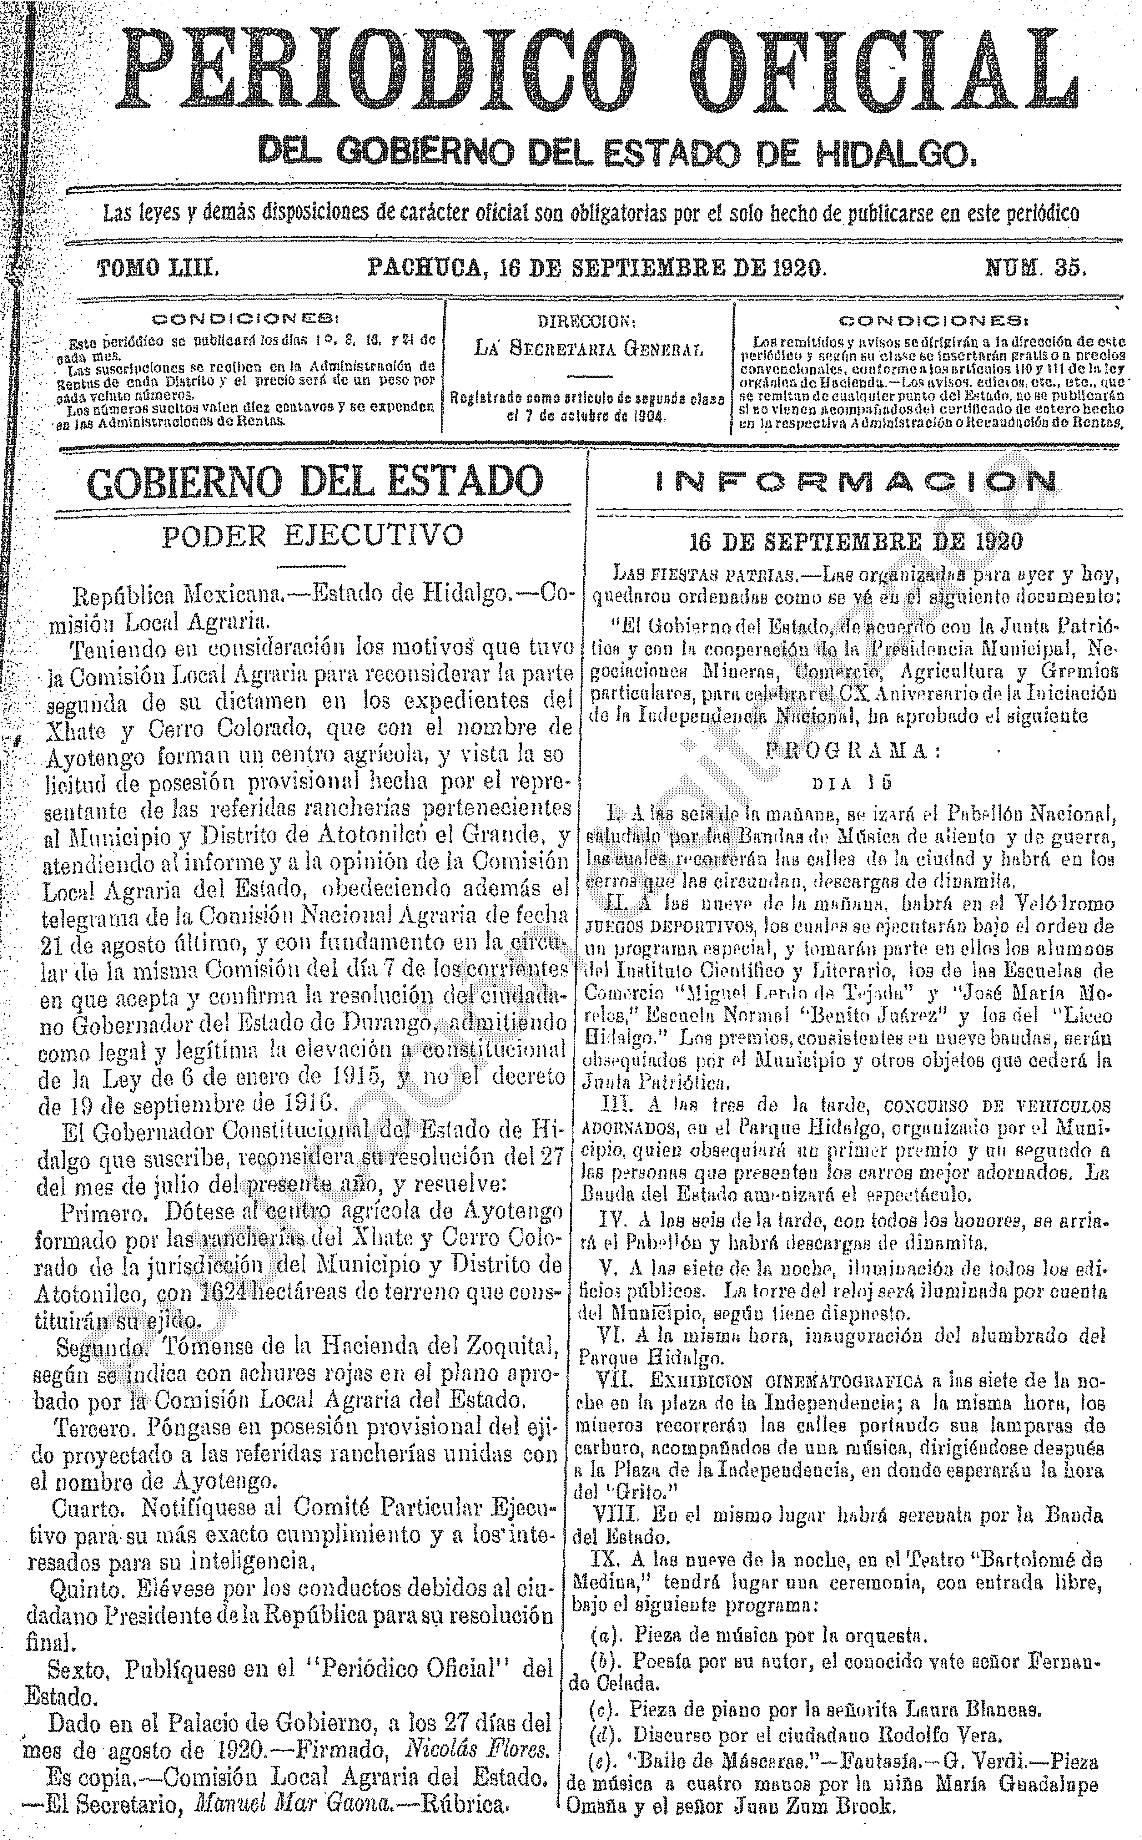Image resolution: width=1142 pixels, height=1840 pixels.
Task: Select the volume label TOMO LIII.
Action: tap(157, 268)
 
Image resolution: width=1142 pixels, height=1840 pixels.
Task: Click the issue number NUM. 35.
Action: tap(1035, 268)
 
